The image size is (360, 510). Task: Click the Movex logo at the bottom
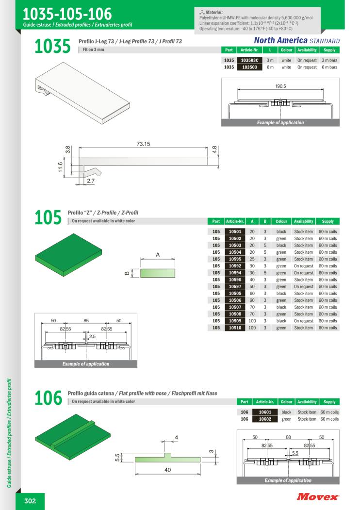318,496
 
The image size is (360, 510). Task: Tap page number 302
30,501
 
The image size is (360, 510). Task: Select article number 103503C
249,60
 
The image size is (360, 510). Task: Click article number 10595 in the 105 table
235,259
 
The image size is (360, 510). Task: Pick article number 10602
264,419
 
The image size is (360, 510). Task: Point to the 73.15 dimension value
143,144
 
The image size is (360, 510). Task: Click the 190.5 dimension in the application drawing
280,86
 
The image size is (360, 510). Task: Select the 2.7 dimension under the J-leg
91,181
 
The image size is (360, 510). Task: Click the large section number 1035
53,48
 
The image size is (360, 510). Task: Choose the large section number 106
48,398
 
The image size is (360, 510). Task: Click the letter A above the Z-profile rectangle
158,254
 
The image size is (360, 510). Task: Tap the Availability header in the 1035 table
307,50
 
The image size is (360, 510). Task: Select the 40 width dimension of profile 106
168,470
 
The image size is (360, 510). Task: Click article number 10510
235,328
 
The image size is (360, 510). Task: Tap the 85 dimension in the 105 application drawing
86,321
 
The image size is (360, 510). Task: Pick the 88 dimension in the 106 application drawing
288,437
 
